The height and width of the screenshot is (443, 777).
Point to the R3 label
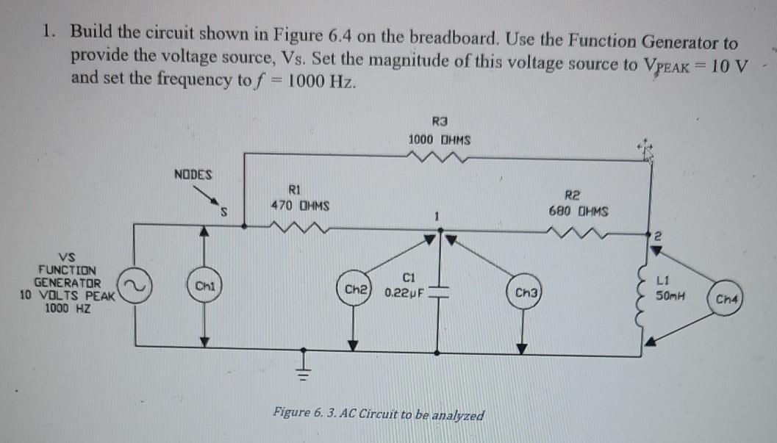click(440, 122)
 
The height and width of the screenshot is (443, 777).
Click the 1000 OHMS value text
click(440, 140)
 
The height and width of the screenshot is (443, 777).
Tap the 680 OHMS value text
click(579, 212)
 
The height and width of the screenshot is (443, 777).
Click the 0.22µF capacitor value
click(404, 292)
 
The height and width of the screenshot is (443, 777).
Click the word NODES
click(193, 175)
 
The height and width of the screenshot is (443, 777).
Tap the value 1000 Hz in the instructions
click(320, 79)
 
